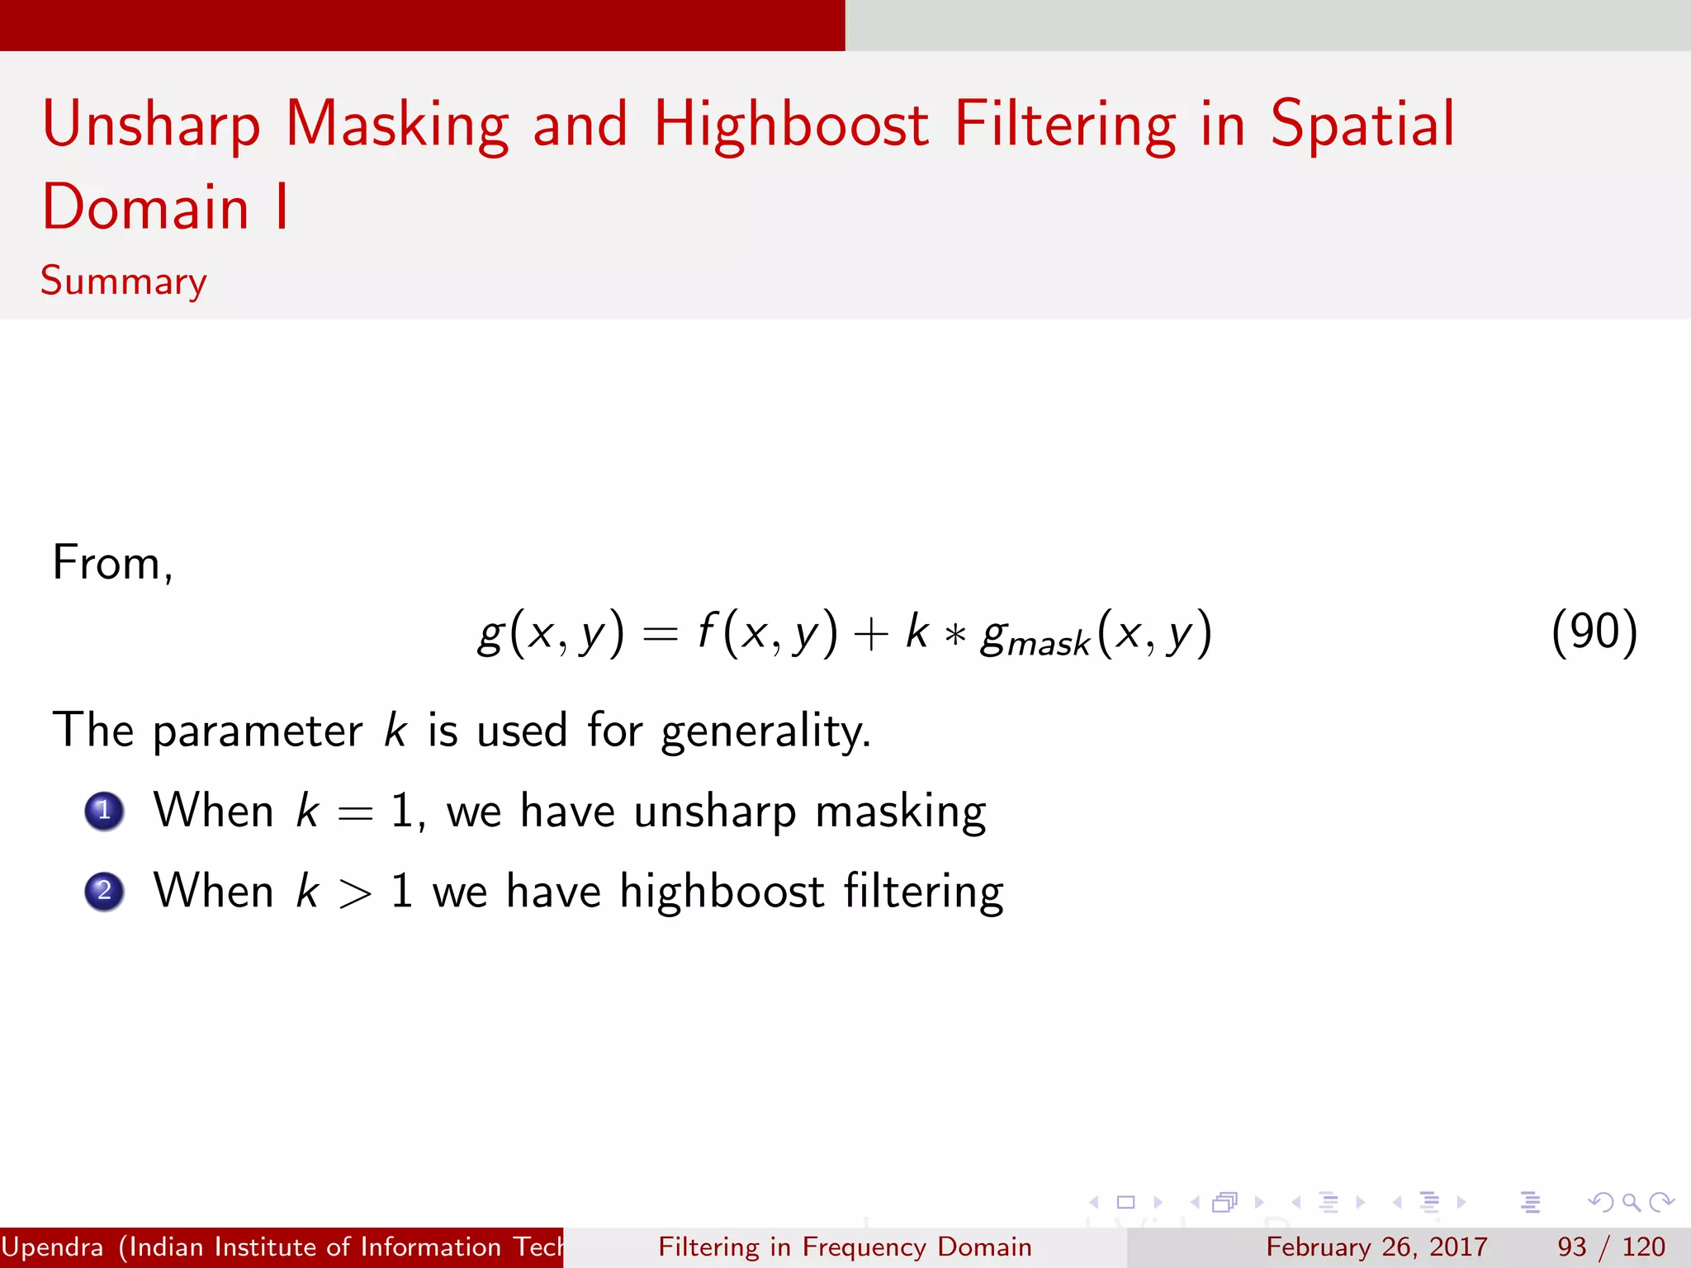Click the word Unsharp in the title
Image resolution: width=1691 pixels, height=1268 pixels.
tap(151, 125)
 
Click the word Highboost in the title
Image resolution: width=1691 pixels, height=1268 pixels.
tap(791, 125)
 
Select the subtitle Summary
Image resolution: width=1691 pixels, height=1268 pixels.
tap(124, 282)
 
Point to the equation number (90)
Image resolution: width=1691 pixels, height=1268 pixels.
tap(1594, 633)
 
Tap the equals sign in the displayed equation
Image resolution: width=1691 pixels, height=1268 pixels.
tap(661, 634)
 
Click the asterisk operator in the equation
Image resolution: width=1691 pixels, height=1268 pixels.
tap(955, 636)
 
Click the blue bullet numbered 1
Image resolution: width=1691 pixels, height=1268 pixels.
tap(104, 811)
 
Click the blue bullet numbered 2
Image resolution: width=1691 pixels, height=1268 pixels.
tap(104, 892)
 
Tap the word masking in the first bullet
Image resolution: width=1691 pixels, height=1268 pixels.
tap(900, 812)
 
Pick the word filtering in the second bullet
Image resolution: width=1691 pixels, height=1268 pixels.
tap(923, 892)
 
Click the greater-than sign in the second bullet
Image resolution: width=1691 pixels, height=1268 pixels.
tap(355, 894)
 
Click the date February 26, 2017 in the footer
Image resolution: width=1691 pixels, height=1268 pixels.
tap(1376, 1247)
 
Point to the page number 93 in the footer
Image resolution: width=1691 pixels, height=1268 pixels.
tap(1571, 1247)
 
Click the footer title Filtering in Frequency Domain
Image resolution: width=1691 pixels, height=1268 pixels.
tap(845, 1247)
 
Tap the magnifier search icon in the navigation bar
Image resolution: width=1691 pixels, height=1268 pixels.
tap(1631, 1202)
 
